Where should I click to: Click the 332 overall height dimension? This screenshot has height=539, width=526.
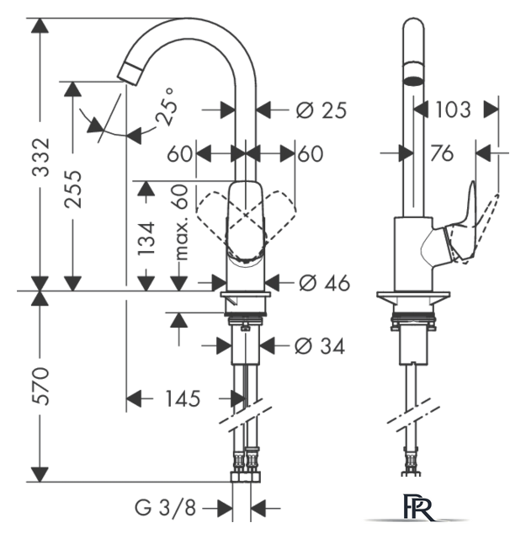[41, 157]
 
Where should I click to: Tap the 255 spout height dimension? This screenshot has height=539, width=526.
[73, 189]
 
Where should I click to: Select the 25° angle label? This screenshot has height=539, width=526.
[166, 107]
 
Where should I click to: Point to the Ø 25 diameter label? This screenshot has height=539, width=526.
[321, 110]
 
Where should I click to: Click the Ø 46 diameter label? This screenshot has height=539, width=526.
[324, 283]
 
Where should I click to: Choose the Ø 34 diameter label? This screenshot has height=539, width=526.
[320, 346]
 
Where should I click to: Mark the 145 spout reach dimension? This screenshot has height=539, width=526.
[183, 398]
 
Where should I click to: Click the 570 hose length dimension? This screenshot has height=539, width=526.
[41, 386]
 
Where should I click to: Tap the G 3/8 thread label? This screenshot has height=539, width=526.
[165, 507]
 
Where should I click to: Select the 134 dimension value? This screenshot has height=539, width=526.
[146, 238]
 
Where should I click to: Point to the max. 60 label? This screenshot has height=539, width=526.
[181, 222]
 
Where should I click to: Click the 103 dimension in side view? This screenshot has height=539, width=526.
[453, 109]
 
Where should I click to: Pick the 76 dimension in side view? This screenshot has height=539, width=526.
[442, 153]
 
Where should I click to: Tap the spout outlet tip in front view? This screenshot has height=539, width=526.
[129, 74]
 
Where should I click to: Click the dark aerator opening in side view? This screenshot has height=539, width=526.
[413, 81]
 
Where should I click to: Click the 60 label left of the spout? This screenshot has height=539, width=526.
[179, 153]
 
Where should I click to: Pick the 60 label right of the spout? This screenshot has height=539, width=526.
[311, 153]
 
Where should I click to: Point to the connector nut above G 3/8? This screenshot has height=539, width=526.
[245, 477]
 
